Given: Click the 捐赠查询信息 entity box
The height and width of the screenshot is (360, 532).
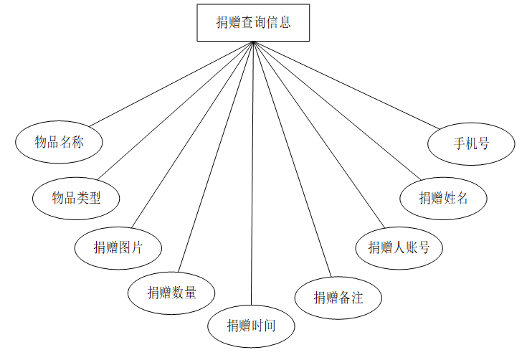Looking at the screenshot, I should pos(253,23).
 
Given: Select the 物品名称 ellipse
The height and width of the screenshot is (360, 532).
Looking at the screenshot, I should pos(59,142).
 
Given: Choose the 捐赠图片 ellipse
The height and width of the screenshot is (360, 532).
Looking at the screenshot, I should pos(118,248).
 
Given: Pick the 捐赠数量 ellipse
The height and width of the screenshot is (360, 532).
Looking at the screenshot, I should pos(171,292).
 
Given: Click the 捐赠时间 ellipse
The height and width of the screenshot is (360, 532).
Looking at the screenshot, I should pos(251,326).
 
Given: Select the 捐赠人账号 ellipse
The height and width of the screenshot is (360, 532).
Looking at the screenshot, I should pos(399,248).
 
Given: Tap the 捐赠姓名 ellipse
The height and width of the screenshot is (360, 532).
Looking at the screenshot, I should pos(443,198).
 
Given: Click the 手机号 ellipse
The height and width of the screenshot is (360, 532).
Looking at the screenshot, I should pos(471,143).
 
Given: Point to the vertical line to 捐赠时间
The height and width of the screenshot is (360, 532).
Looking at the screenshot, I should pos(252,179).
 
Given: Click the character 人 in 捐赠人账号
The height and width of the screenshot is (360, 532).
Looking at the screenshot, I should pos(399,248).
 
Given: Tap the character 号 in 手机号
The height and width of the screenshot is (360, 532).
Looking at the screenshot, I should pos(483,143).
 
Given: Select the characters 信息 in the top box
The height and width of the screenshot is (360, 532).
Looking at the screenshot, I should pos(278,23).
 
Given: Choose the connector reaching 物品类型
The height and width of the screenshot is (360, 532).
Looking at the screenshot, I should pos(175,110).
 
